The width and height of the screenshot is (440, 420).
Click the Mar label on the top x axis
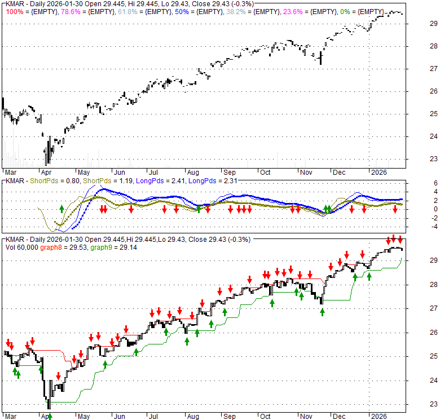11,171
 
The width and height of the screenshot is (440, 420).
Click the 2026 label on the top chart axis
378,171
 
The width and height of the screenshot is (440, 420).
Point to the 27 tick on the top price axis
418,68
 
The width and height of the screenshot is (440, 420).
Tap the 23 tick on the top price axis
418,158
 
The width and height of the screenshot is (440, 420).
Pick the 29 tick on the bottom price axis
418,260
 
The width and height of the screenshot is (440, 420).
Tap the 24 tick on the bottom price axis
418,380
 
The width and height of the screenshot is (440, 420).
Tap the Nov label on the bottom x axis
305,416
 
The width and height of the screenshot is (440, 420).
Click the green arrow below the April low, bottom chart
50,416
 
